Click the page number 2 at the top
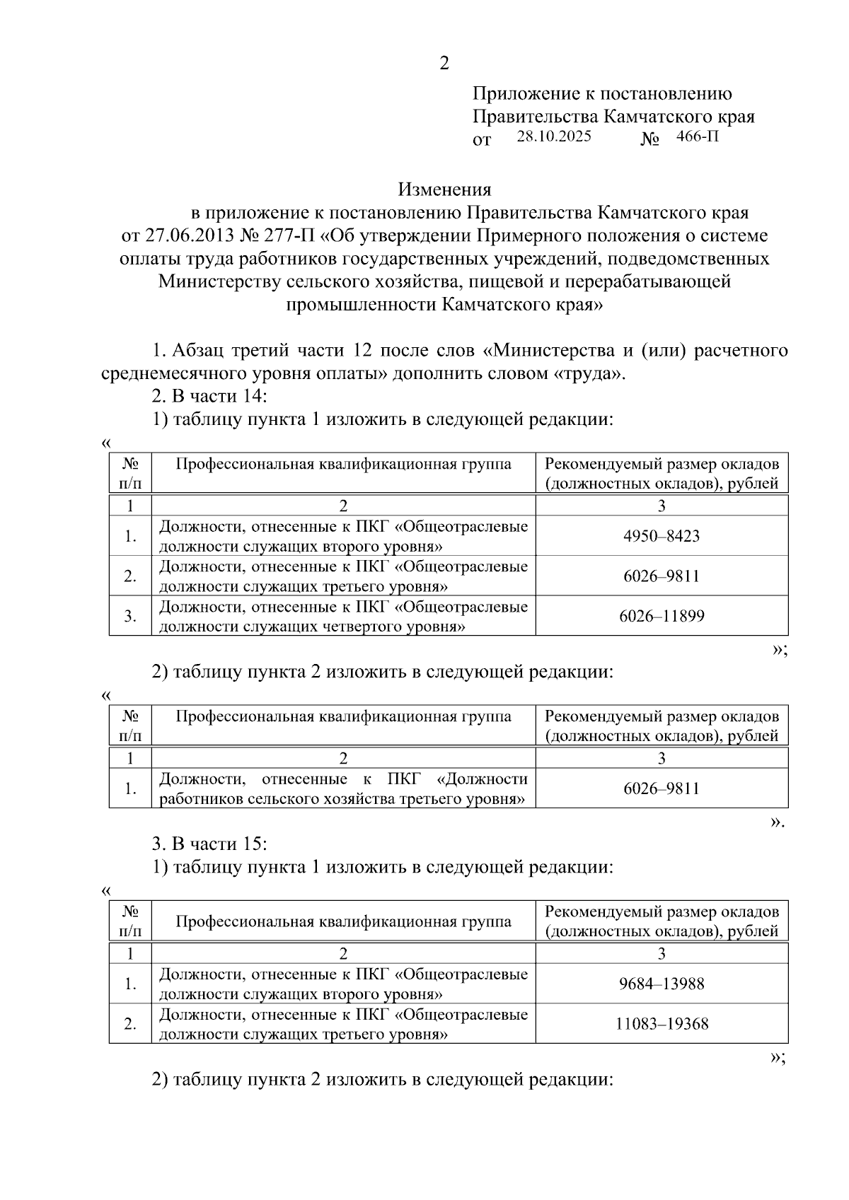click(x=444, y=64)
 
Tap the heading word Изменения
click(x=444, y=190)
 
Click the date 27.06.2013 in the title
click(x=187, y=235)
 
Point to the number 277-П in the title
click(x=290, y=235)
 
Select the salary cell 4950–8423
click(x=662, y=536)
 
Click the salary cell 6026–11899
click(x=662, y=616)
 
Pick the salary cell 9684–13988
click(x=662, y=984)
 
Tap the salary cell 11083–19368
click(x=662, y=1024)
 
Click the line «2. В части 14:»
click(x=209, y=396)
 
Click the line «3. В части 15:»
click(x=209, y=844)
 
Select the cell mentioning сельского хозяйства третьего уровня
click(x=343, y=789)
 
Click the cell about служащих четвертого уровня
click(x=343, y=617)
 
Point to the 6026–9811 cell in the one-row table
click(x=662, y=788)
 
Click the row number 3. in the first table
click(x=130, y=616)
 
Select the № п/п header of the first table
click(x=130, y=473)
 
